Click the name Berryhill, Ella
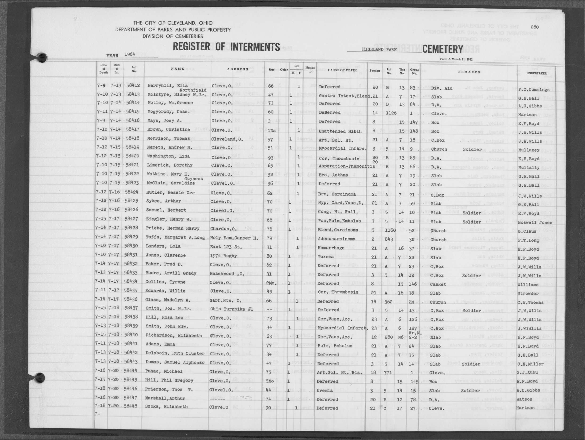pos(167,86)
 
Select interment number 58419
pos(133,147)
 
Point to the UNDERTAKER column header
pos(536,73)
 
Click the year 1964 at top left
pos(129,54)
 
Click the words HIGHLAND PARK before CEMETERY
pos(379,49)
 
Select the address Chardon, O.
pos(222,229)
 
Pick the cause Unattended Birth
pos(340,131)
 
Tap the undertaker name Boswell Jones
pos(535,222)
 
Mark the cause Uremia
pos(325,390)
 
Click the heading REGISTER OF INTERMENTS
pos(226,47)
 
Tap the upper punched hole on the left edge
pos(42,58)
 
